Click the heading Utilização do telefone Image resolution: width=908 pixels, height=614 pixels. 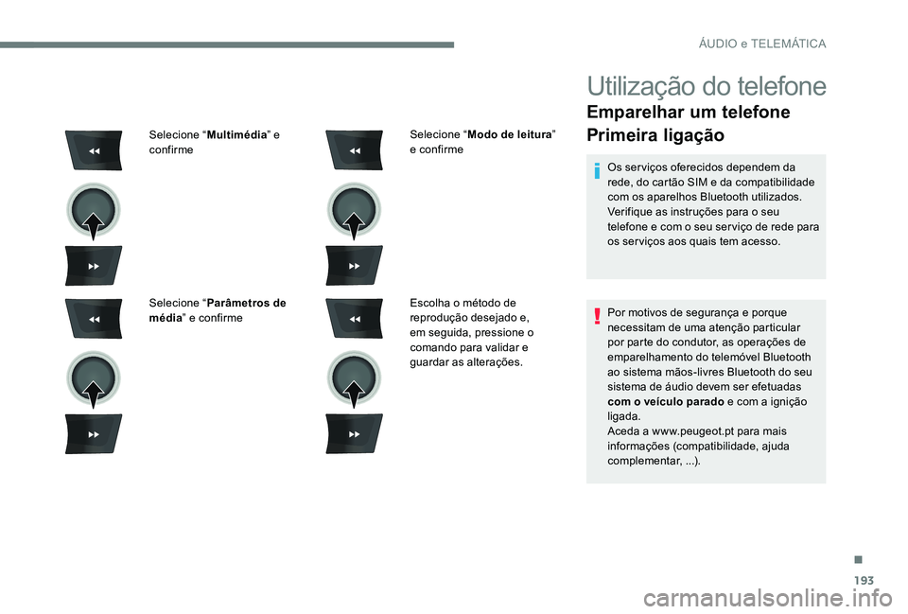(x=706, y=86)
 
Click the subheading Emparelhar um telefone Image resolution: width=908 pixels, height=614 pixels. (x=689, y=113)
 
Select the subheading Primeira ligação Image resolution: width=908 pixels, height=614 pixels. (x=655, y=135)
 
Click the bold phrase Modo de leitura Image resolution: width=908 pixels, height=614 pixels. (x=510, y=135)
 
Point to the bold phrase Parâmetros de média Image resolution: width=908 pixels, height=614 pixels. (x=218, y=309)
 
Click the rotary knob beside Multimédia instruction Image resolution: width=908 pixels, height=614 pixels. (x=93, y=209)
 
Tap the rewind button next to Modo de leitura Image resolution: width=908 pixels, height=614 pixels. (x=354, y=150)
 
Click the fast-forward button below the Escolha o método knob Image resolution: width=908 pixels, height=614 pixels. (x=354, y=433)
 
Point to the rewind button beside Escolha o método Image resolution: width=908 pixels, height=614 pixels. (x=354, y=319)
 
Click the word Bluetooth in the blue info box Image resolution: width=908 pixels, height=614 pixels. (x=721, y=197)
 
